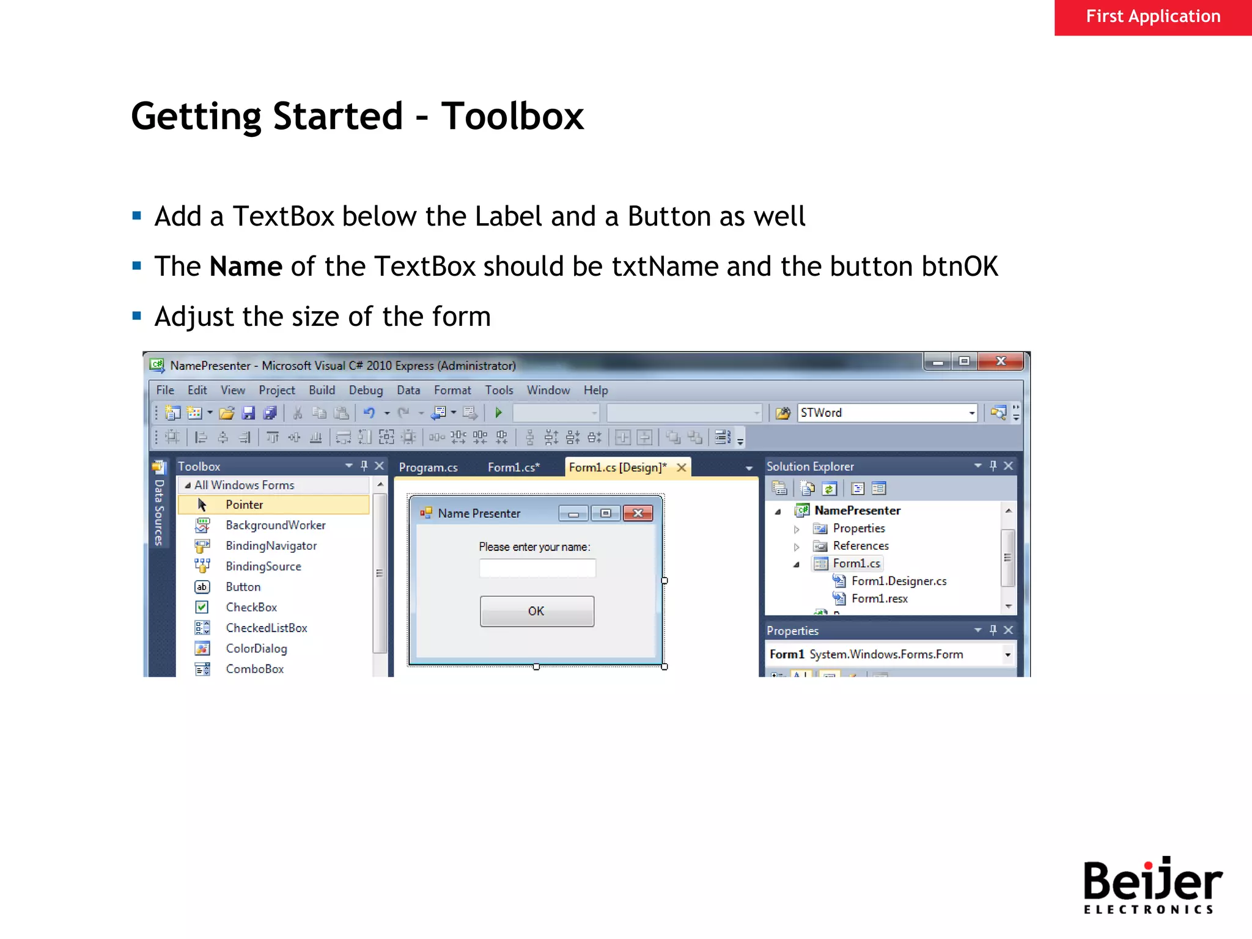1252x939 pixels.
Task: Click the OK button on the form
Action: point(537,611)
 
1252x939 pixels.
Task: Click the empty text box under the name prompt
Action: point(537,568)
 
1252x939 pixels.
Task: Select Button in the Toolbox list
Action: point(243,587)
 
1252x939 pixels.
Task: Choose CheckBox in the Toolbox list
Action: point(251,607)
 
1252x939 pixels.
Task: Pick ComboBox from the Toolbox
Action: point(254,669)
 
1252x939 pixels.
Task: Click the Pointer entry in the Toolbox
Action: point(244,504)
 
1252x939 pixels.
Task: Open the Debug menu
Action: point(366,390)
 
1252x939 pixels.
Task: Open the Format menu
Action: point(452,390)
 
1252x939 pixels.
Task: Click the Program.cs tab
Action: point(428,467)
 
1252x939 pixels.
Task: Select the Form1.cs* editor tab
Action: point(514,467)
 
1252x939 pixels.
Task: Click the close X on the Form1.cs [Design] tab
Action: point(681,467)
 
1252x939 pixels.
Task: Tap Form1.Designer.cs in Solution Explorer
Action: point(899,581)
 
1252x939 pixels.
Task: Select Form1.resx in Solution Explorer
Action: point(879,598)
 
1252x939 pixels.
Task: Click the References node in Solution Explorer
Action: point(860,545)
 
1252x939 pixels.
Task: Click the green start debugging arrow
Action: point(499,413)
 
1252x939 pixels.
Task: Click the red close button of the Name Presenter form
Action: point(638,513)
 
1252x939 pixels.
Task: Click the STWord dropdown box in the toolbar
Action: point(886,413)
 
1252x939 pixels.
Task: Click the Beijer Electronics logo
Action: point(1152,885)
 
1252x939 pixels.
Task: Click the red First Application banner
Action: point(1152,17)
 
